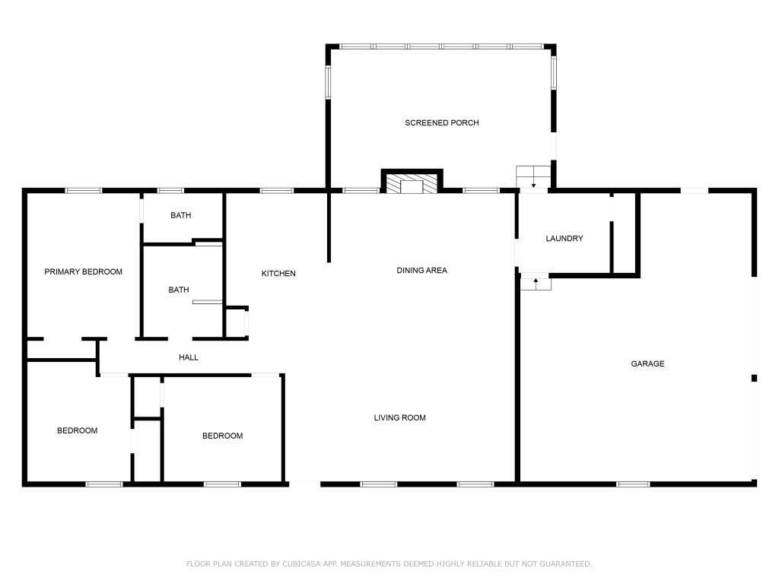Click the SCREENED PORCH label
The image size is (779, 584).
pos(442,122)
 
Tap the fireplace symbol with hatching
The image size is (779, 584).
pos(412,182)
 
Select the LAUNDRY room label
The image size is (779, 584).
pos(564,238)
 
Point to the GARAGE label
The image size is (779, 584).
pos(647,364)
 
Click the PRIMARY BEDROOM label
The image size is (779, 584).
pos(84,271)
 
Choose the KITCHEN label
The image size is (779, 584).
pos(278,273)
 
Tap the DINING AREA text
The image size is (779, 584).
pos(421,270)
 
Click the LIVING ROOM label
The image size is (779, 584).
pos(400,417)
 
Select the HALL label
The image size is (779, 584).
pos(189,357)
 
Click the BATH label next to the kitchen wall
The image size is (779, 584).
pos(178,290)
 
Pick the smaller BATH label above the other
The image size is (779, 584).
pos(181,215)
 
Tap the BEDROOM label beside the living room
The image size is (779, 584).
pos(223,436)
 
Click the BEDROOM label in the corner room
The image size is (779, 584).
pos(77,430)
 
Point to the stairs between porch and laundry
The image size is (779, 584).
pos(533,176)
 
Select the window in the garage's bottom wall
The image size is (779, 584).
pos(633,484)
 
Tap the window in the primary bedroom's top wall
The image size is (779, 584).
pos(84,191)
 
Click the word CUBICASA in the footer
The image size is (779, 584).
pos(301,563)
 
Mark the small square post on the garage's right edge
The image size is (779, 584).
pos(754,379)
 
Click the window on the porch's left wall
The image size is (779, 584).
pos(328,81)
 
